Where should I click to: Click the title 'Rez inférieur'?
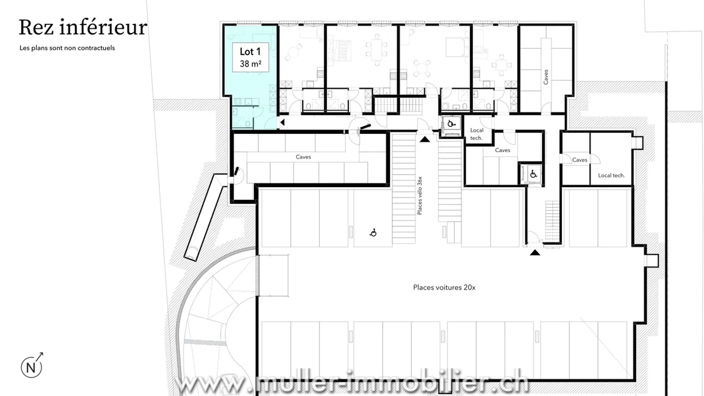(83, 27)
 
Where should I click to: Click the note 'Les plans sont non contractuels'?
(67, 48)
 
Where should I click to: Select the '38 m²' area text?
(250, 64)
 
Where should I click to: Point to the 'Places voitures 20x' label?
(444, 287)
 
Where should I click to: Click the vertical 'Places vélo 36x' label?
(419, 196)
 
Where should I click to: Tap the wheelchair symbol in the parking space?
(373, 233)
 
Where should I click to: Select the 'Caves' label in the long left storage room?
(303, 157)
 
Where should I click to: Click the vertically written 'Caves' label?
(546, 77)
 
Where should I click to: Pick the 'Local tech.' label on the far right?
(612, 175)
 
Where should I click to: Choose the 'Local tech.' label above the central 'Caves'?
(477, 134)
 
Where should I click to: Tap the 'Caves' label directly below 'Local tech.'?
(503, 150)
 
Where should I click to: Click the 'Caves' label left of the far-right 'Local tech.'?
(580, 160)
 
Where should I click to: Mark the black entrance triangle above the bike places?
(425, 139)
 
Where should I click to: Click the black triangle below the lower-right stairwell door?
(535, 253)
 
